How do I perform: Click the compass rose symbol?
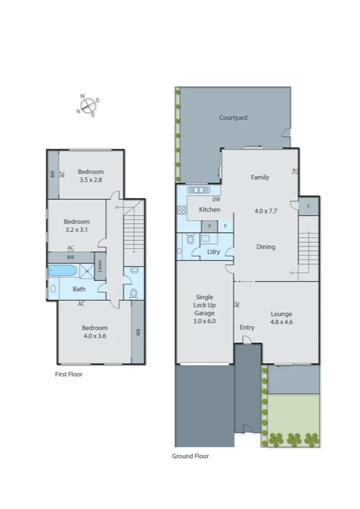pos(88,106)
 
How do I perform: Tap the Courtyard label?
pos(233,118)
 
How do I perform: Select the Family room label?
pos(259,177)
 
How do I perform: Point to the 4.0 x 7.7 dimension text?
pos(267,211)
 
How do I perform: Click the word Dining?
pos(266,246)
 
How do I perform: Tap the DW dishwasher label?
pos(216,200)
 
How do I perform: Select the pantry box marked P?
pos(210,226)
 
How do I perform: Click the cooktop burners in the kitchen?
pos(181,210)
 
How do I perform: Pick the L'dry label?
pos(213,252)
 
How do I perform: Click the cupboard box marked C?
pos(308,206)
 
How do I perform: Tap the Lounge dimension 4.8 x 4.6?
pos(281,322)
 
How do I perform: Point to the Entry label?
pos(247,327)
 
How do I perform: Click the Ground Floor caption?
pos(190,456)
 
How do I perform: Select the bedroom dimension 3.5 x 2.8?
pos(91,179)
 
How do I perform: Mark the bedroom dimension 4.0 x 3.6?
pos(95,336)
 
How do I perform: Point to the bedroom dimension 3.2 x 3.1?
pos(77,229)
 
